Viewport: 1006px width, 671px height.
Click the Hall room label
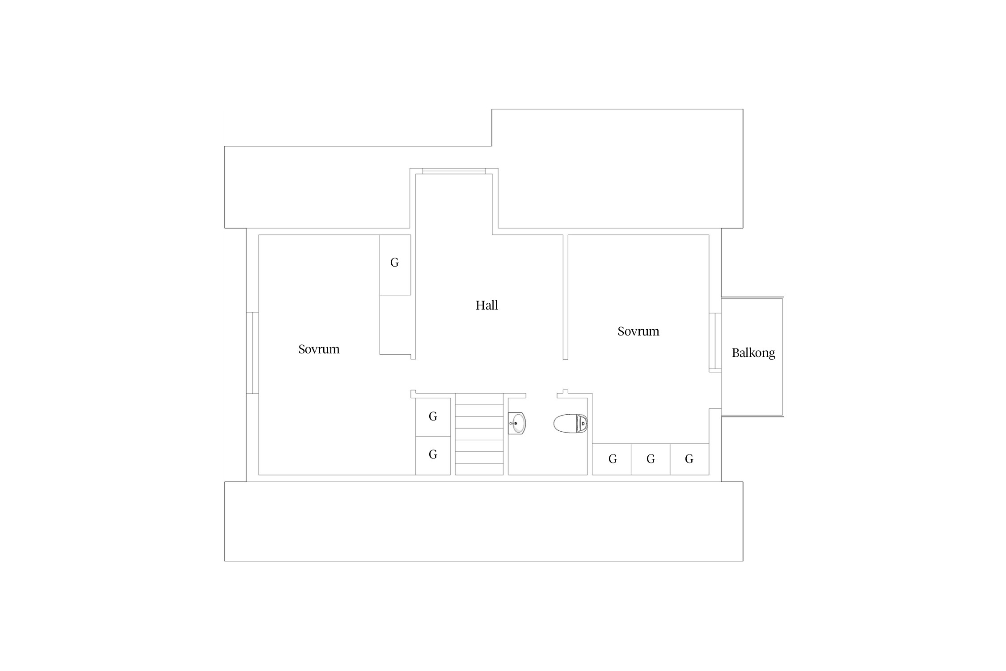pos(486,306)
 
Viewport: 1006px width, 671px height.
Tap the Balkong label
pos(753,353)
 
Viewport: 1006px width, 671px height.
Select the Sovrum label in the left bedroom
pos(319,349)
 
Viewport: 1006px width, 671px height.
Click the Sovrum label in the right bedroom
pos(638,331)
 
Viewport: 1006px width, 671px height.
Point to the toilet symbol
pos(571,424)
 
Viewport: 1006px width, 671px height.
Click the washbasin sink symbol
pos(517,423)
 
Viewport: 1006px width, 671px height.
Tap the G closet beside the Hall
pos(395,265)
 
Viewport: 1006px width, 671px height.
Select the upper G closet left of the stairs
pos(433,417)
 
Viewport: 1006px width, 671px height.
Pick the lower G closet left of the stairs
pos(433,455)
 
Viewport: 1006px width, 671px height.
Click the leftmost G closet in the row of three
pos(612,459)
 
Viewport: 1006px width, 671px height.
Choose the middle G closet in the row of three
pos(651,459)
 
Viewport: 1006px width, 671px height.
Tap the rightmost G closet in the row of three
pos(689,459)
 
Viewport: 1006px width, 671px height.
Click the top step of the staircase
pos(479,399)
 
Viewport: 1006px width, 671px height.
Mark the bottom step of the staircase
pos(479,469)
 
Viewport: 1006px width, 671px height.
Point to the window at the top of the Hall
pos(454,171)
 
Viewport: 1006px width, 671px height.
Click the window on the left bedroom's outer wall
pos(252,353)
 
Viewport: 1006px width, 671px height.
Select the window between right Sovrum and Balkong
pos(715,342)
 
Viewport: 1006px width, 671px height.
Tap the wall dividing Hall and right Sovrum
pos(566,297)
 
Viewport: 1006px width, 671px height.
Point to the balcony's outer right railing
pos(783,357)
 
